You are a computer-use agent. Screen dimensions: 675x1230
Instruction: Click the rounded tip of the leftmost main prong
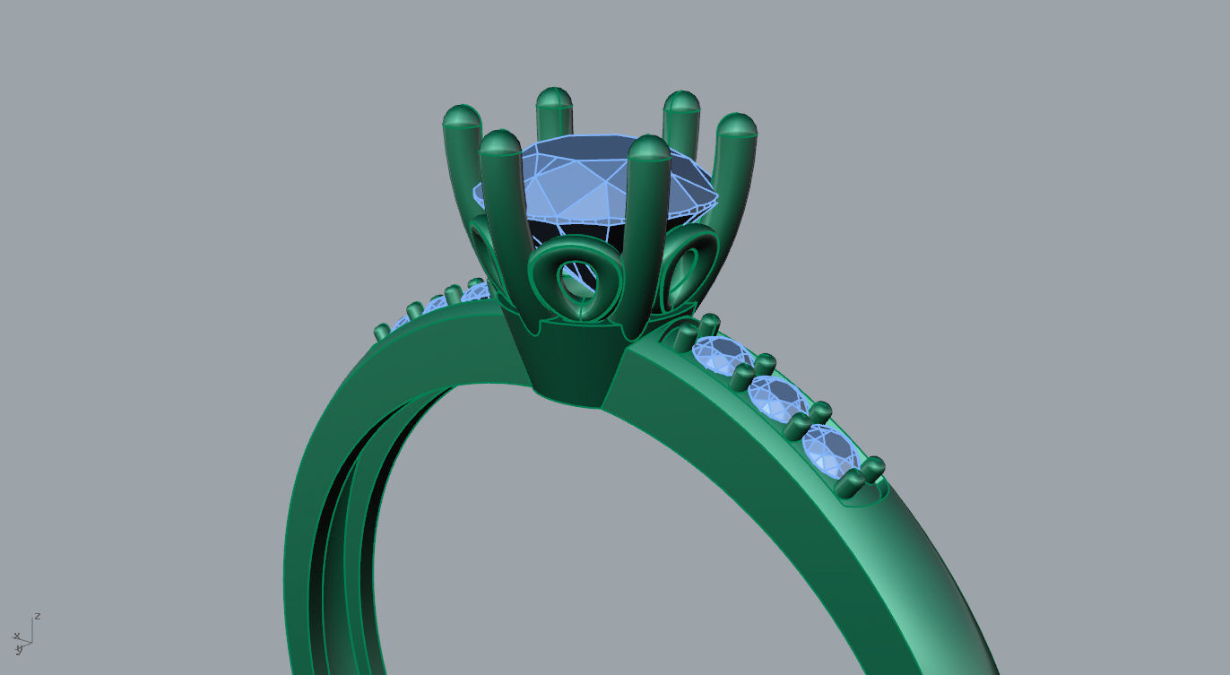(462, 117)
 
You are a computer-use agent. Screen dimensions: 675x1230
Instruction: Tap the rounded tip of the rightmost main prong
(736, 125)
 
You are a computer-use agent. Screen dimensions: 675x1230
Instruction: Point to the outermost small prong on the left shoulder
(381, 333)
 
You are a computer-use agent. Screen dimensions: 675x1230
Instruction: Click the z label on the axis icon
(38, 617)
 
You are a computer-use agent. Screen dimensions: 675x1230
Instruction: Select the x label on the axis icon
(15, 636)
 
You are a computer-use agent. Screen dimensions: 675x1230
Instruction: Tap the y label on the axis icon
(19, 650)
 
